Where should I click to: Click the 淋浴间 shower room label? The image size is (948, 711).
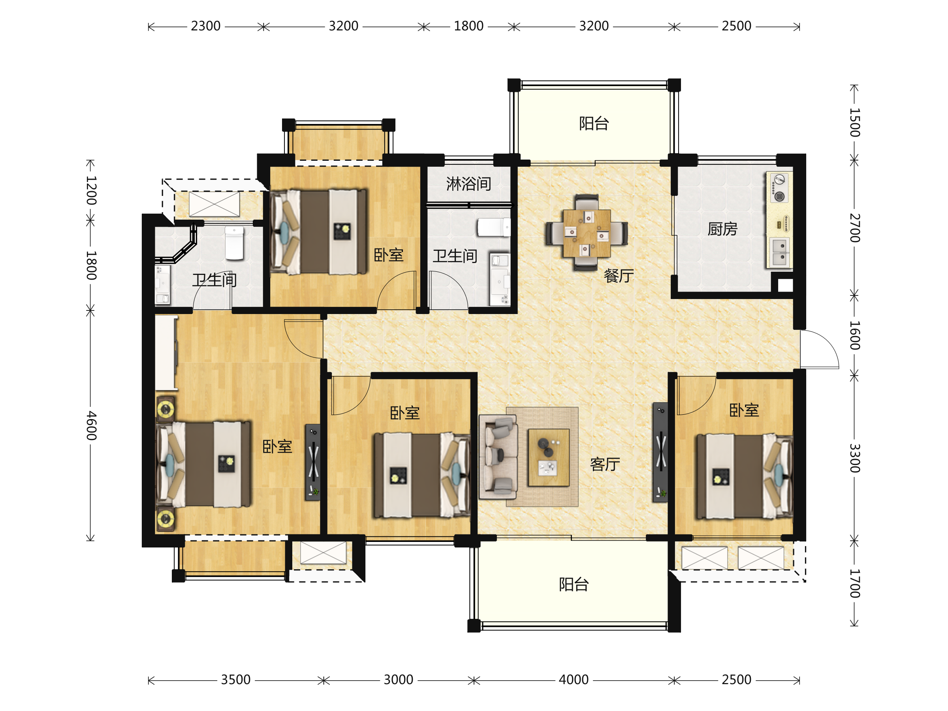click(468, 184)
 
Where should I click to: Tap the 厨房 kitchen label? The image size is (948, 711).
click(722, 229)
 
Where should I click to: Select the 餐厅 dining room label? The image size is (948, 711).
click(619, 276)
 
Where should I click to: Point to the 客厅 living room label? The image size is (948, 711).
click(605, 464)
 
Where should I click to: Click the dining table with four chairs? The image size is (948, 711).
click(587, 233)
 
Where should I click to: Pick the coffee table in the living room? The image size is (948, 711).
click(549, 458)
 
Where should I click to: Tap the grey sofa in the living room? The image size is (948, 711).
click(498, 457)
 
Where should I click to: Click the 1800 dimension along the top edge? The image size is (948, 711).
click(468, 26)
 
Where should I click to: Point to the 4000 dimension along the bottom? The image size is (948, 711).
click(574, 680)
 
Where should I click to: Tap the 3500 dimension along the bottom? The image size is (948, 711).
click(236, 680)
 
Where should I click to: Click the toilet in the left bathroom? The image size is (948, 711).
click(234, 243)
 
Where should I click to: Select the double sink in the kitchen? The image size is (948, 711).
click(780, 252)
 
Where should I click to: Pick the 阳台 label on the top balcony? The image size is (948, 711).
click(594, 123)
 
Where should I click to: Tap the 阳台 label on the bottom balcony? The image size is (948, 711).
click(574, 585)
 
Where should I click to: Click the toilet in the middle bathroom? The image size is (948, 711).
click(494, 227)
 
